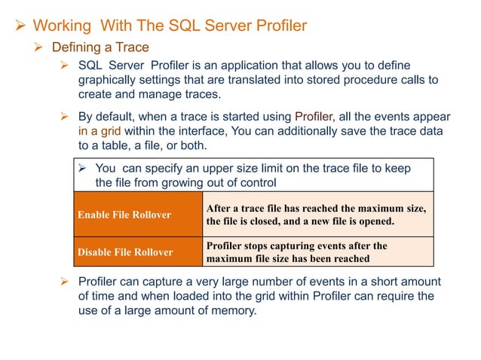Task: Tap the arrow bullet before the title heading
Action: [x=11, y=26]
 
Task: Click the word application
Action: [x=254, y=66]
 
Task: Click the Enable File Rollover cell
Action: [x=124, y=215]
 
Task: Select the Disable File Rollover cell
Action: [x=125, y=252]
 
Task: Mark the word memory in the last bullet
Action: [x=232, y=310]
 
